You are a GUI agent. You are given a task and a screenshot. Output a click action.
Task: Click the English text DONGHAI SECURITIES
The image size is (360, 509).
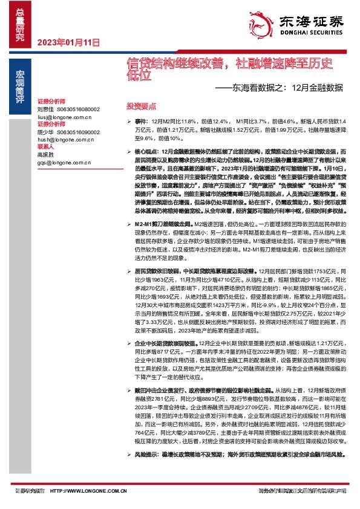tap(312, 34)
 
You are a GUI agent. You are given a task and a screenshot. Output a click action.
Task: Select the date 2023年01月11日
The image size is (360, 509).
tap(68, 42)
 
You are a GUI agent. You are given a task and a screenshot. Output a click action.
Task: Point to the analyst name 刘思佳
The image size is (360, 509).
tap(45, 109)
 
